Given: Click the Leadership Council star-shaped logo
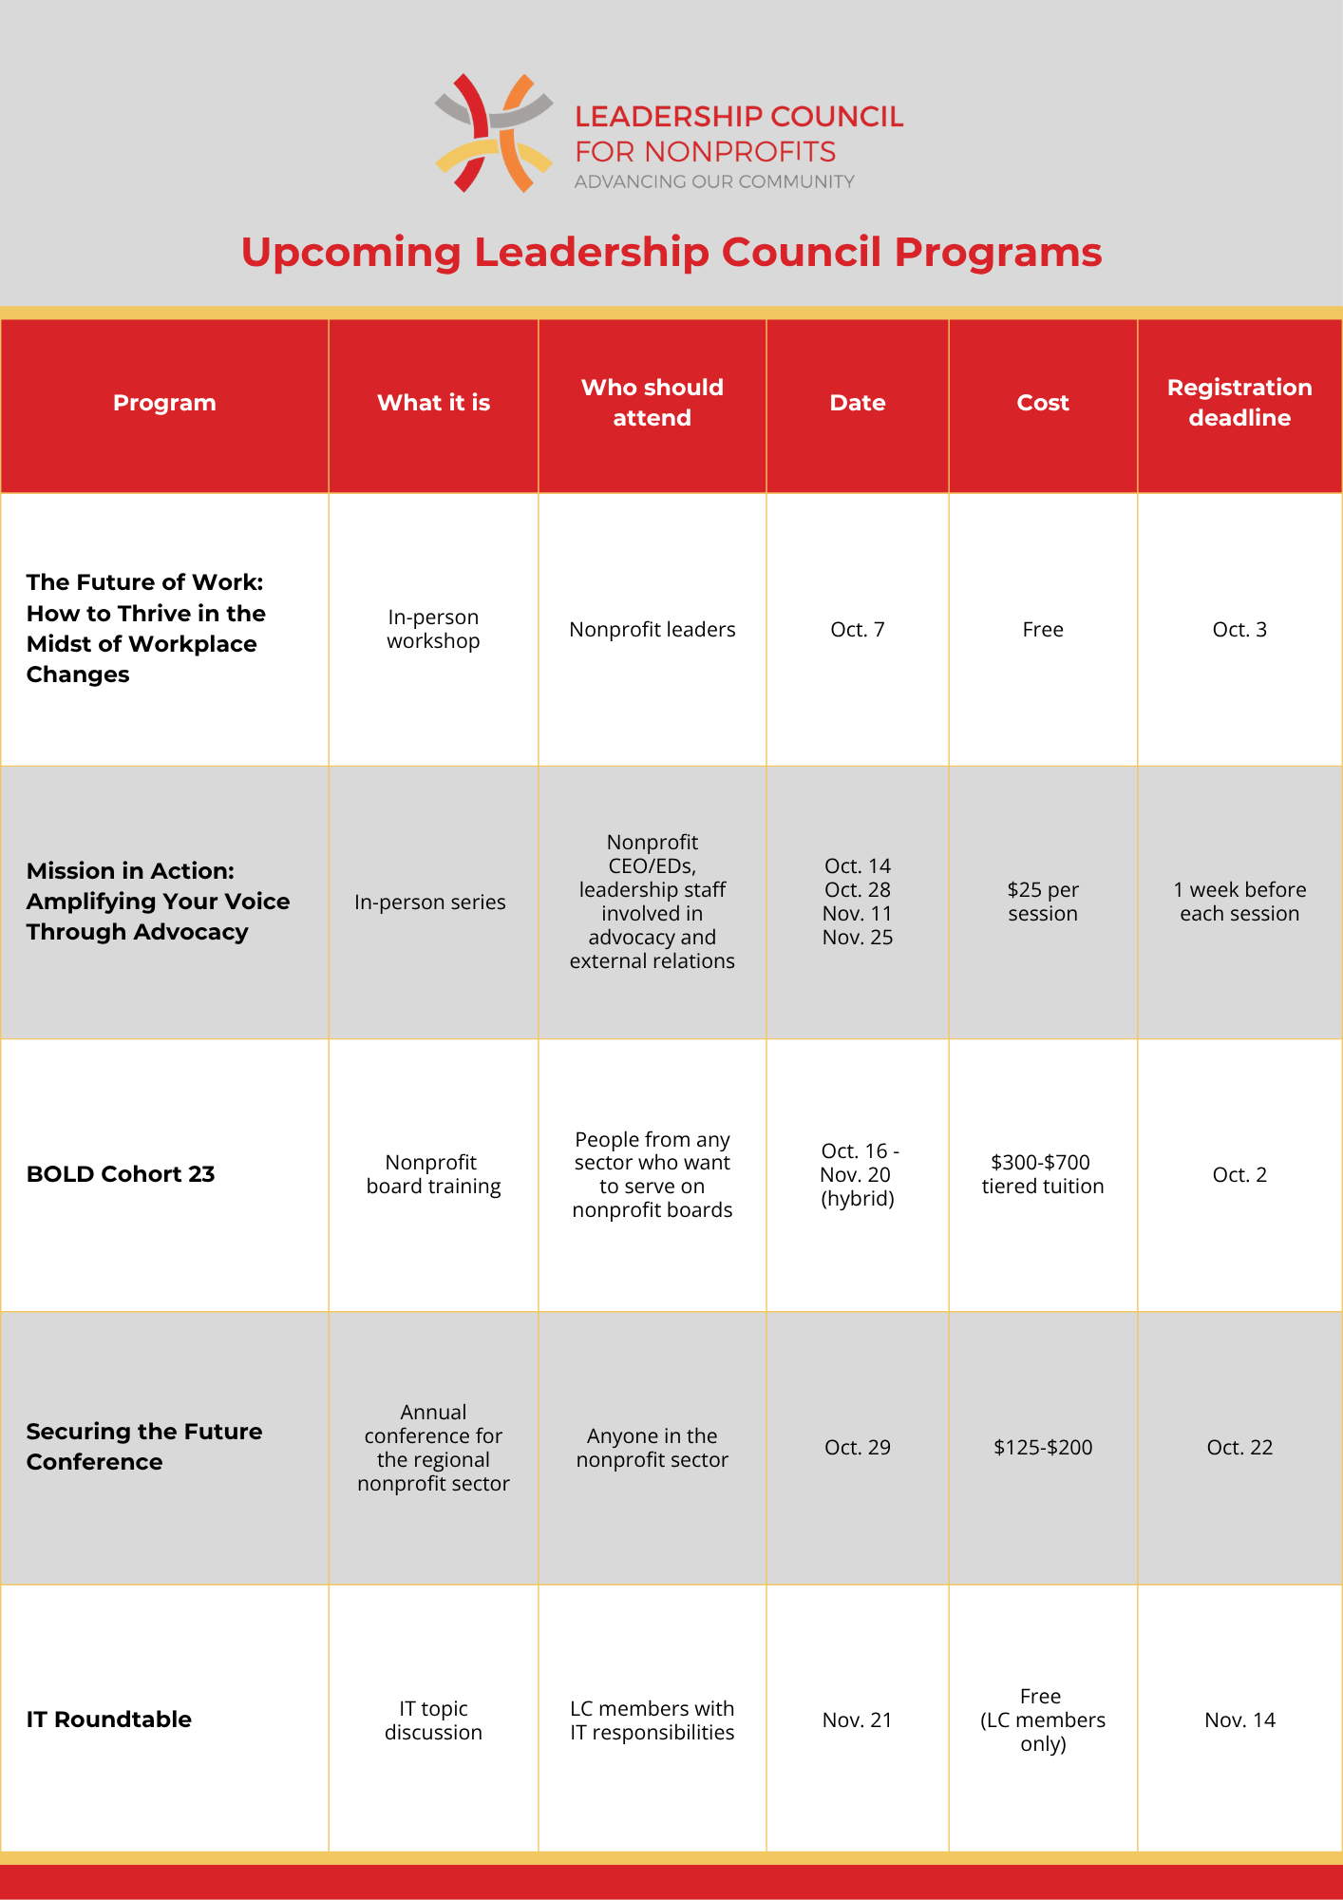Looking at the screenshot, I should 494,133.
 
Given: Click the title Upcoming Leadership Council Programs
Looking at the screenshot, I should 671,253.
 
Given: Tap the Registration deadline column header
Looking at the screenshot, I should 1239,403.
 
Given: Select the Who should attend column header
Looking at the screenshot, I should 652,403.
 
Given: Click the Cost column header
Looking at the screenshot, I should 1043,403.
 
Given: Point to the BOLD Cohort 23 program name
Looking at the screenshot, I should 121,1174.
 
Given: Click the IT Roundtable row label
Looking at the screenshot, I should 109,1719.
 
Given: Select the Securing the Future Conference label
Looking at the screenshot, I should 144,1447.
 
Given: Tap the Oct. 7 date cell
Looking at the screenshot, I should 858,630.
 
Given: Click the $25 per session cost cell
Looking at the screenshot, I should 1043,902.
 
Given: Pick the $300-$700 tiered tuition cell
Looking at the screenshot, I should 1043,1174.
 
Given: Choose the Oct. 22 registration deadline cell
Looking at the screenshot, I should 1239,1447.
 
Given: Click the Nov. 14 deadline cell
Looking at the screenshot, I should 1239,1719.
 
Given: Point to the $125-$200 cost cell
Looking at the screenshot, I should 1043,1447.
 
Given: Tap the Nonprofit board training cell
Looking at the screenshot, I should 433,1174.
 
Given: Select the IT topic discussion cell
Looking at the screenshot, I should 433,1719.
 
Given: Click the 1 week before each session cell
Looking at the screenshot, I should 1239,902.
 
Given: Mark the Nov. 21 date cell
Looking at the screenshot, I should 858,1719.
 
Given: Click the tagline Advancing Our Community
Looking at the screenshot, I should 714,181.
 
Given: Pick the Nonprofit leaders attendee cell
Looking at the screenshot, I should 652,630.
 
